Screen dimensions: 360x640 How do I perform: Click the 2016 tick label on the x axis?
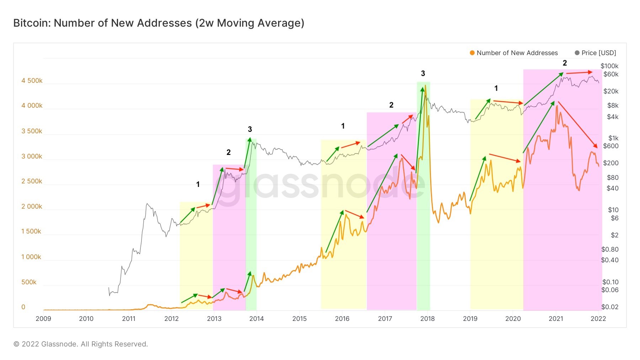point(342,319)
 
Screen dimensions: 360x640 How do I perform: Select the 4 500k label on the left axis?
point(32,81)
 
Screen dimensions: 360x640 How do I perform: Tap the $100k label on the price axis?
point(609,66)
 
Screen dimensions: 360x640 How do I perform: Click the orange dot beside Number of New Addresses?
point(472,53)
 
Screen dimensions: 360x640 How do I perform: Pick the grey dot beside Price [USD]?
point(577,53)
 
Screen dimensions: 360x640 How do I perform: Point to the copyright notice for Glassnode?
point(81,344)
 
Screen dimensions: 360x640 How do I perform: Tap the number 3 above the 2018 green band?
point(423,74)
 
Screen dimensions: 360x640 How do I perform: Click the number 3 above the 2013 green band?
point(250,129)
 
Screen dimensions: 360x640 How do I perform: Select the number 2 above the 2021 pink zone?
point(565,63)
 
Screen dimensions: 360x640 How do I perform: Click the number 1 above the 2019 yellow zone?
point(496,88)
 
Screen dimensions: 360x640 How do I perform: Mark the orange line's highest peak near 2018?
point(425,86)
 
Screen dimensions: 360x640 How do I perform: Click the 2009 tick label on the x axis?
point(43,319)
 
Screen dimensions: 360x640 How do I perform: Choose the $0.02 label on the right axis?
point(610,307)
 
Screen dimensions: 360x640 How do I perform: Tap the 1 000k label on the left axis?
point(31,257)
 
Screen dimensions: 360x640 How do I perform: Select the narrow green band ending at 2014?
point(251,224)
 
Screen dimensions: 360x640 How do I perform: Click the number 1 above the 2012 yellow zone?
point(198,184)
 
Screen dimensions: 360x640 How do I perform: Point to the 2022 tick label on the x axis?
point(598,319)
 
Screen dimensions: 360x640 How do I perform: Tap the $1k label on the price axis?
point(613,138)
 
